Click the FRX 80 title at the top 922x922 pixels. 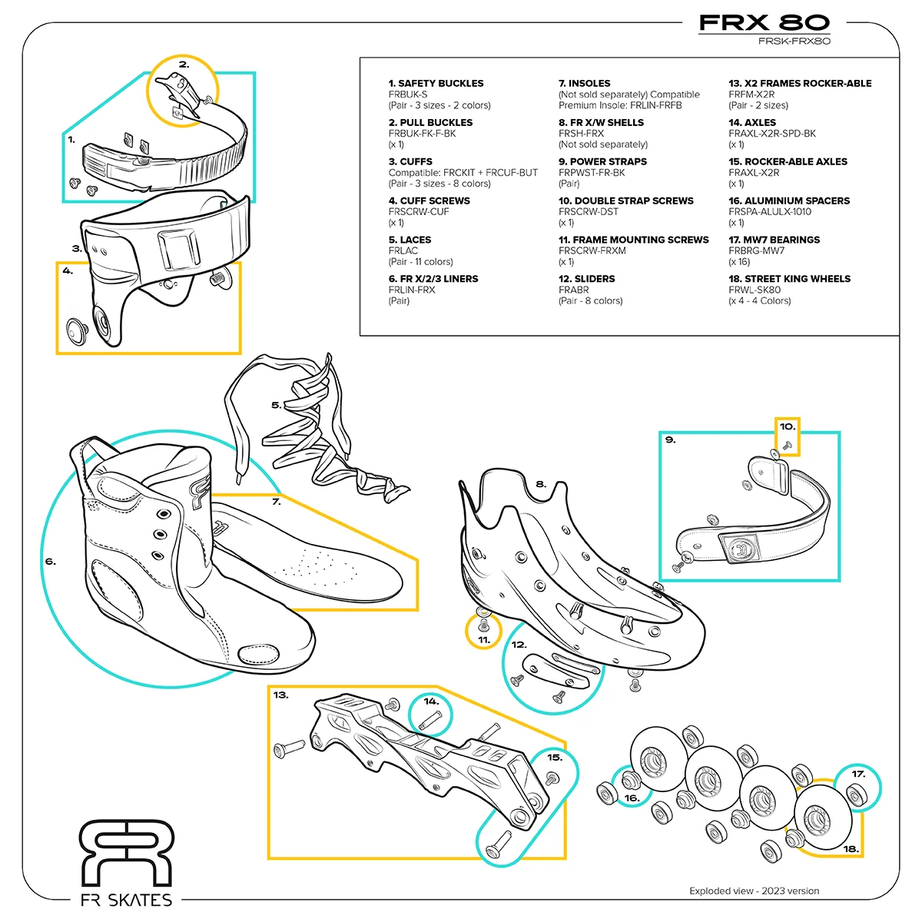pyautogui.click(x=764, y=22)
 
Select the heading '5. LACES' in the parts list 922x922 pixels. pyautogui.click(x=410, y=240)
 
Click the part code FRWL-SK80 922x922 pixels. pyautogui.click(x=755, y=290)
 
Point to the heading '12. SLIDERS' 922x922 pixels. pyautogui.click(x=586, y=279)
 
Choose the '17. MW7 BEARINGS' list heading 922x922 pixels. pyautogui.click(x=774, y=240)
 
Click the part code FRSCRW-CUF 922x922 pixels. pyautogui.click(x=419, y=212)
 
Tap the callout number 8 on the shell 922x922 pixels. pyautogui.click(x=541, y=484)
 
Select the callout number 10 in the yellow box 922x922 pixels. pyautogui.click(x=787, y=426)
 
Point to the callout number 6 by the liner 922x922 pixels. pyautogui.click(x=50, y=561)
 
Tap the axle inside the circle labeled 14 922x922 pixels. pyautogui.click(x=429, y=720)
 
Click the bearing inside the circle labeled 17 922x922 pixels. pyautogui.click(x=857, y=794)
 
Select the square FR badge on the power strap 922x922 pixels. pyautogui.click(x=739, y=548)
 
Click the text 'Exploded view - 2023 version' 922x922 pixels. pyautogui.click(x=754, y=891)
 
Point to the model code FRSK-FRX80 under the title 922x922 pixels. pyautogui.click(x=794, y=41)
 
